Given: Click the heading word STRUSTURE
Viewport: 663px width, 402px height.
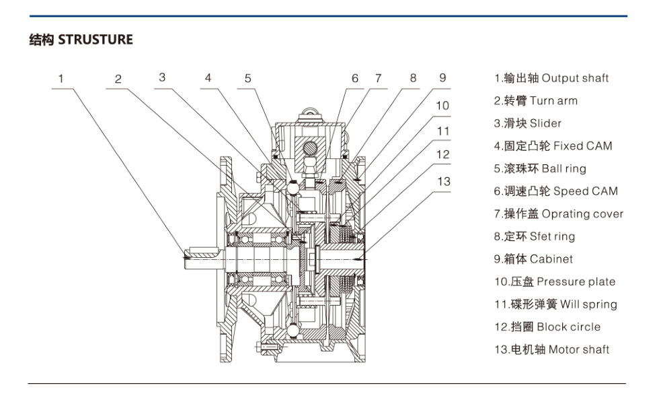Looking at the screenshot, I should click(95, 40).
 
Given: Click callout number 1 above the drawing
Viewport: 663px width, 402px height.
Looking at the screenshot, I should click(61, 78).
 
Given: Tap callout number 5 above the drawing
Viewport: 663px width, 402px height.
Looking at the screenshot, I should click(248, 78).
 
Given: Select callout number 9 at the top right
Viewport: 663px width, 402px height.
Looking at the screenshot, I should click(442, 77).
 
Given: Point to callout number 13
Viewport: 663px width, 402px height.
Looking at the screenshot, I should click(444, 181).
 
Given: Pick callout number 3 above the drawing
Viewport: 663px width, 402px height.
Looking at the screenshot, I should click(162, 77).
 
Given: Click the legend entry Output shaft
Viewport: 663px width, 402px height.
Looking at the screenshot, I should click(551, 78).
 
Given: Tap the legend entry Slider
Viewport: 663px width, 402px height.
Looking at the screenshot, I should click(528, 123).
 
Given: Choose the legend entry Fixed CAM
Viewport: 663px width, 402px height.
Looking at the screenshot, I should click(553, 146).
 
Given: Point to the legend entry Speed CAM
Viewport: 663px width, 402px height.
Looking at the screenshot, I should click(555, 191).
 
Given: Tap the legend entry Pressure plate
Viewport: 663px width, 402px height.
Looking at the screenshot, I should click(555, 281).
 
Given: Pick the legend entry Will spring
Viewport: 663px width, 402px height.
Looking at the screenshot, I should click(556, 304).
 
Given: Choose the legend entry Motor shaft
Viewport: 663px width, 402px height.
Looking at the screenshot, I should click(552, 349).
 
